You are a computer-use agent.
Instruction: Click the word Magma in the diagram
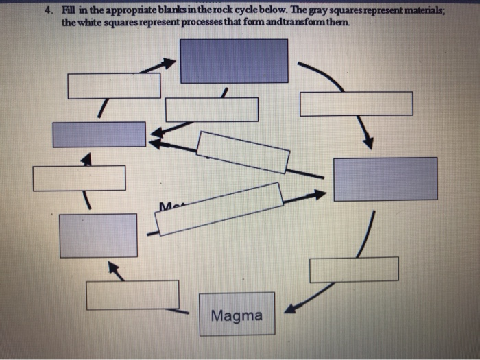(x=237, y=316)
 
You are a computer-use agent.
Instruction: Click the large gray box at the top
(x=234, y=61)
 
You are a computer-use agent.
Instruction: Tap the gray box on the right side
(x=385, y=179)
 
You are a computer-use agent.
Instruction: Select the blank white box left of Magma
(x=132, y=295)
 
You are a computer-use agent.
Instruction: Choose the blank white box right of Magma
(x=354, y=269)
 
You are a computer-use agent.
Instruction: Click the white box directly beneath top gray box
(x=212, y=110)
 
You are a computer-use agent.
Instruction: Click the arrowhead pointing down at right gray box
(x=368, y=143)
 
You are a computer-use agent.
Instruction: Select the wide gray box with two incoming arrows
(x=99, y=134)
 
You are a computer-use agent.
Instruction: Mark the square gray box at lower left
(x=98, y=235)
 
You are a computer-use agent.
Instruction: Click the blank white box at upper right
(x=357, y=104)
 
